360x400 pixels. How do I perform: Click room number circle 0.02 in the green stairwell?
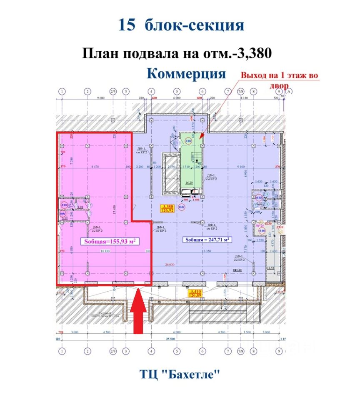pyautogui.click(x=189, y=141)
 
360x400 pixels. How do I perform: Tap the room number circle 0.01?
pyautogui.click(x=181, y=206)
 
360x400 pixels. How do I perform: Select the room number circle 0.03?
pyautogui.click(x=64, y=205)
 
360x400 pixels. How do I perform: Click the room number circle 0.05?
pyautogui.click(x=259, y=198)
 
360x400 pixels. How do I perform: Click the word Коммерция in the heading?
pyautogui.click(x=186, y=74)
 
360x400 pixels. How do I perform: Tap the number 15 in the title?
pyautogui.click(x=127, y=25)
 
